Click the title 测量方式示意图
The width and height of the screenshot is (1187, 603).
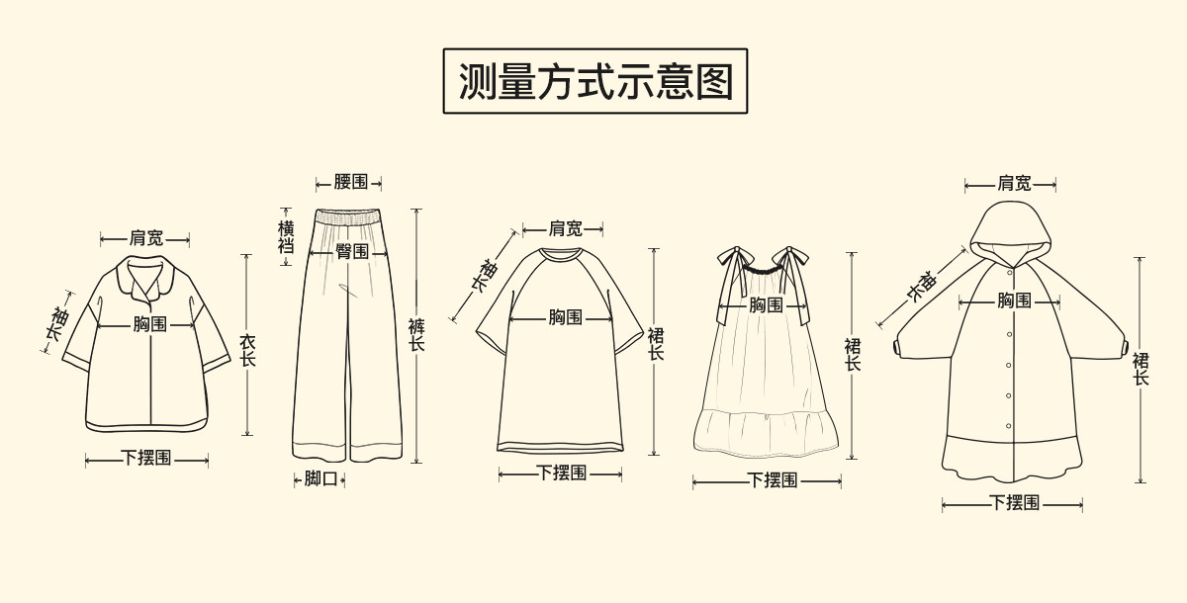pos(594,81)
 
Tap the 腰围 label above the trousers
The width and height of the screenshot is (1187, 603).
pos(350,182)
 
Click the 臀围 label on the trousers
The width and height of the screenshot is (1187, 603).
pos(351,252)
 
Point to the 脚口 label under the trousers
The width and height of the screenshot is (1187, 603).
pos(320,479)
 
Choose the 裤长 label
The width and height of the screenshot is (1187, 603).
pos(416,335)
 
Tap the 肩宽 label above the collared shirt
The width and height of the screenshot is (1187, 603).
pos(145,238)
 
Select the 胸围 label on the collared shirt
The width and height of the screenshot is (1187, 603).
pos(150,323)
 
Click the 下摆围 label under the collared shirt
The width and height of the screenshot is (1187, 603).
pos(146,459)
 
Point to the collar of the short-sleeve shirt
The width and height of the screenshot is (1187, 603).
pos(145,277)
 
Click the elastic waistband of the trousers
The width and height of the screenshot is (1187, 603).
pos(348,215)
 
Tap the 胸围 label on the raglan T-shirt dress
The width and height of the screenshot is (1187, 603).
pos(565,317)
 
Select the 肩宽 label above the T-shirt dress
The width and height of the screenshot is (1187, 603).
pos(565,229)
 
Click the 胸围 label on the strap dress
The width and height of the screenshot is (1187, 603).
pos(765,305)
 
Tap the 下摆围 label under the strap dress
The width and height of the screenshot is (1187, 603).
pos(772,481)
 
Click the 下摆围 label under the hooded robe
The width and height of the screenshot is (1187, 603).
pos(1014,503)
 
